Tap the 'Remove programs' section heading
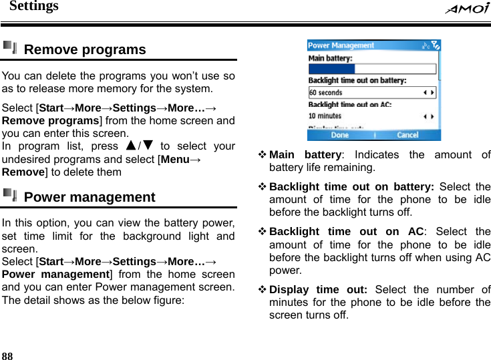tap(84, 49)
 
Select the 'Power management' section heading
tap(89, 197)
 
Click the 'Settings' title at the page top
tap(33, 7)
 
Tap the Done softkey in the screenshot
tap(340, 135)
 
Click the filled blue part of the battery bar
tap(332, 69)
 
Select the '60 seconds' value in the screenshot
tap(325, 93)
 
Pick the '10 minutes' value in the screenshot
tap(325, 116)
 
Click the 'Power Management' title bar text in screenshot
tap(341, 45)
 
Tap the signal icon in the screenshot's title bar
tap(436, 45)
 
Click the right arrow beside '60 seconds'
tap(433, 93)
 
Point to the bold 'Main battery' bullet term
tap(305, 154)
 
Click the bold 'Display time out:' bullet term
tap(318, 289)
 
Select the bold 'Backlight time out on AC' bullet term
tap(346, 232)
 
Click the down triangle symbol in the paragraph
tap(148, 146)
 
